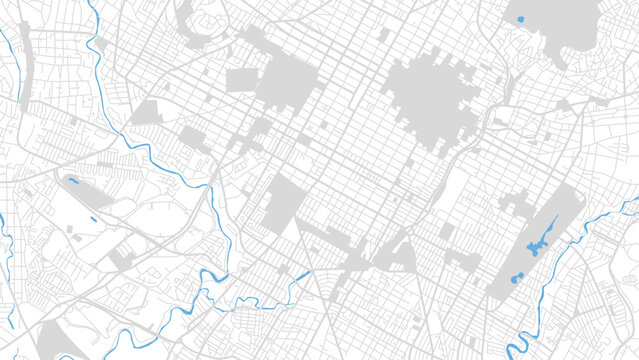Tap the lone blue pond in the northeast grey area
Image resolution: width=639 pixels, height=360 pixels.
522,18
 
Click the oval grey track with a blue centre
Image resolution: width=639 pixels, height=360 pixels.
73,183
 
